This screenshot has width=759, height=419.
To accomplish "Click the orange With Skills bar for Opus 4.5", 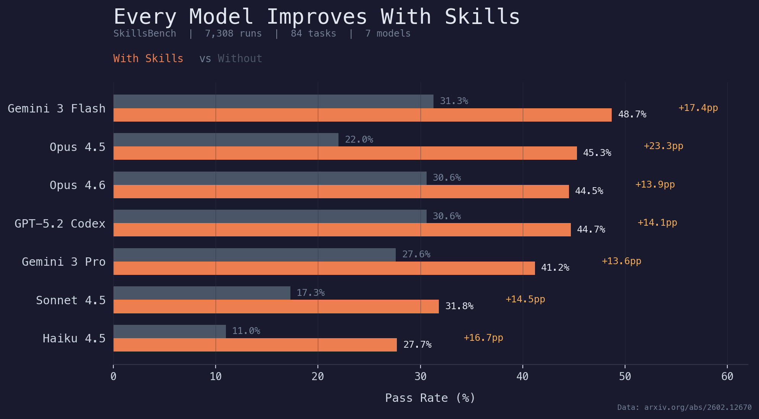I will click(345, 153).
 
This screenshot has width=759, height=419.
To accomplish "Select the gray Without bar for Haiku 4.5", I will click(169, 331).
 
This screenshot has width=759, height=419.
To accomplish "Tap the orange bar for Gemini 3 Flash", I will click(362, 115).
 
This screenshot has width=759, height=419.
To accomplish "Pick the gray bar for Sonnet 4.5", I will click(201, 293).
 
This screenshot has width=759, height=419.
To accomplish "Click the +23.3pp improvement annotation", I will click(663, 146).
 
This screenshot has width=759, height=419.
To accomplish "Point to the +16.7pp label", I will click(483, 338).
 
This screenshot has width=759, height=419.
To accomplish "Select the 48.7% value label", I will click(632, 114).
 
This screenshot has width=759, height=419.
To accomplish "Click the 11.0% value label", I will click(246, 331).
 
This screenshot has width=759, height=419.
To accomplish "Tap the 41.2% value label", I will click(555, 268).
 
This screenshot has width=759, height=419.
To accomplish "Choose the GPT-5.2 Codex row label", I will click(60, 223).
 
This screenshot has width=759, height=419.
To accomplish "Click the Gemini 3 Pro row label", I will click(63, 262).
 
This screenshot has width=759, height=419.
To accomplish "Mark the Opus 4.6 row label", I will click(77, 185).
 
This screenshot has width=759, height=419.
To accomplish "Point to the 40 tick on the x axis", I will click(522, 377).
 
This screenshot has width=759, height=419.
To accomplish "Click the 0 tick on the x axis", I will click(113, 377).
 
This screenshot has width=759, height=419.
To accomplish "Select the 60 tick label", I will click(727, 377).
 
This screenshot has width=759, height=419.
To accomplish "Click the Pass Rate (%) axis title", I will click(430, 398).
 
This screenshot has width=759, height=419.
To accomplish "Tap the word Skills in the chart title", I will click(482, 17).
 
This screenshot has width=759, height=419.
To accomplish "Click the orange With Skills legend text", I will click(148, 59).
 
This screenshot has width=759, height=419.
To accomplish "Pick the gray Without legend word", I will click(240, 59).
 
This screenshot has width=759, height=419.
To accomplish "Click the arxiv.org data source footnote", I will click(684, 408).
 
